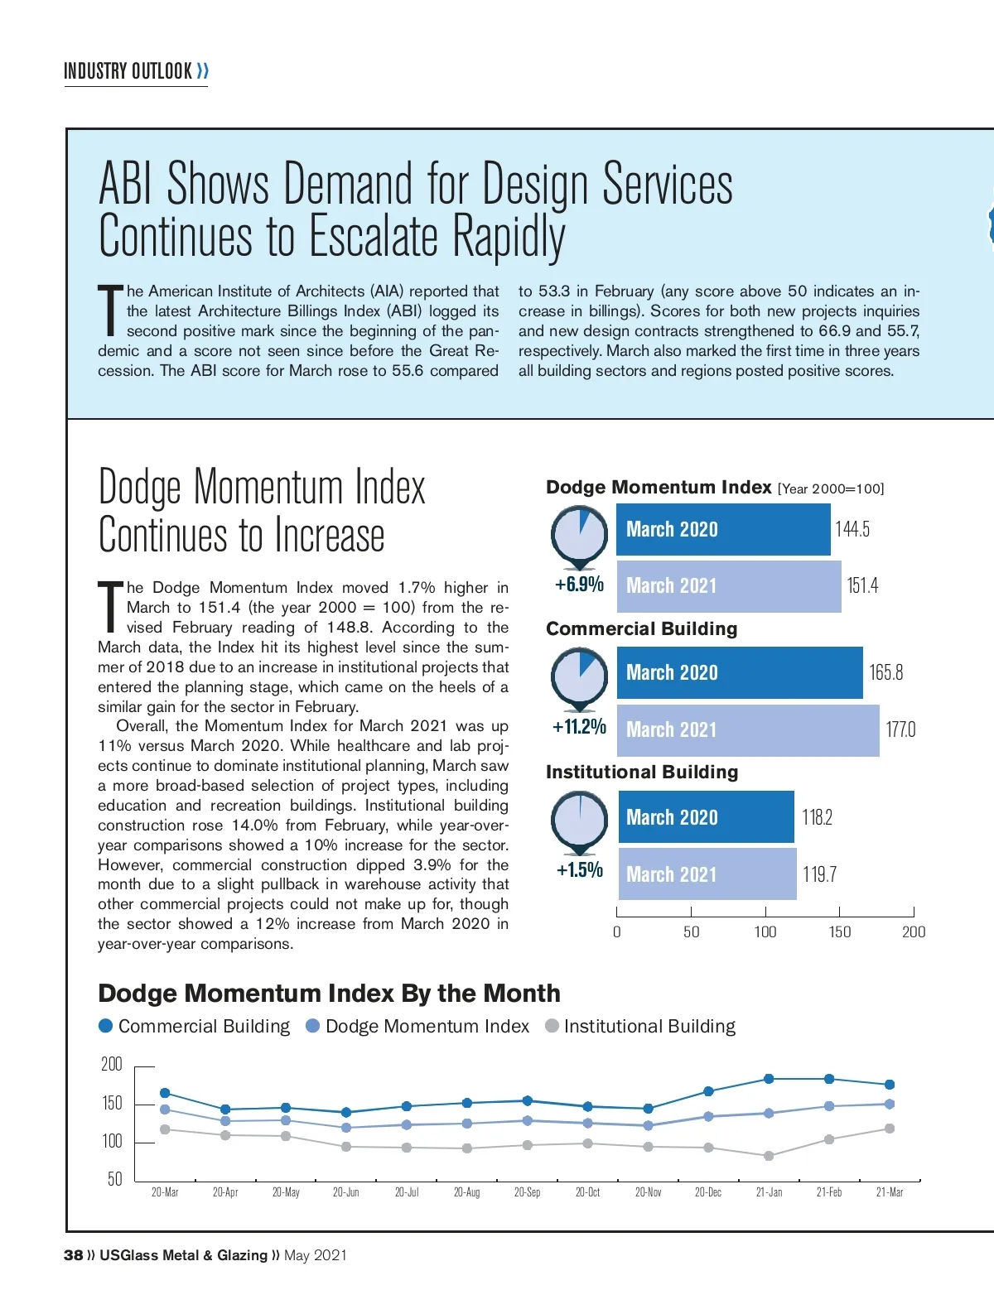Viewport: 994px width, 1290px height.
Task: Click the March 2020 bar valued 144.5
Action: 722,530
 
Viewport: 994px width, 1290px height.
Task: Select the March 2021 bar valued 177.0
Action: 747,730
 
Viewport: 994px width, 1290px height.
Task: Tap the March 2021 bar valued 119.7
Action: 707,874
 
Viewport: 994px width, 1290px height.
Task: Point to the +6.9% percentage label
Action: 579,585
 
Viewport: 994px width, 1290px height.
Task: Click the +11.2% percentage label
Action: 579,727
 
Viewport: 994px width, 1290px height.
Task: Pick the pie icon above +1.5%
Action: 579,820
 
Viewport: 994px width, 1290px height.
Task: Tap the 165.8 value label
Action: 885,672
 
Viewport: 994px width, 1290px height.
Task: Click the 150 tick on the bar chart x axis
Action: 839,932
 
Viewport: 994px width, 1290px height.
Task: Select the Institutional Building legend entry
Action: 640,1027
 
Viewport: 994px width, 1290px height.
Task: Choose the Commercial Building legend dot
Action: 106,1026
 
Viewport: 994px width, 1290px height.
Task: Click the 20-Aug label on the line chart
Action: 466,1192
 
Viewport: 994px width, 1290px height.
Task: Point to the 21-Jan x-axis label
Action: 769,1192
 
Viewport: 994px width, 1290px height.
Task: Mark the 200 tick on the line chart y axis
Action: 112,1065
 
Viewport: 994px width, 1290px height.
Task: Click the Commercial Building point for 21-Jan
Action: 769,1079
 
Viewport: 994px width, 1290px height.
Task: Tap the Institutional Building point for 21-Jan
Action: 769,1156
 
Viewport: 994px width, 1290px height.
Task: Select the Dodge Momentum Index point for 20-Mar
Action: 165,1109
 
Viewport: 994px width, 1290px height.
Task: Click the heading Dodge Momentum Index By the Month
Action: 329,994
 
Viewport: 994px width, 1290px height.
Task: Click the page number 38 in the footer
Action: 73,1255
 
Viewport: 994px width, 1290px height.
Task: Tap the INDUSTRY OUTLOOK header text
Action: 128,71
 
